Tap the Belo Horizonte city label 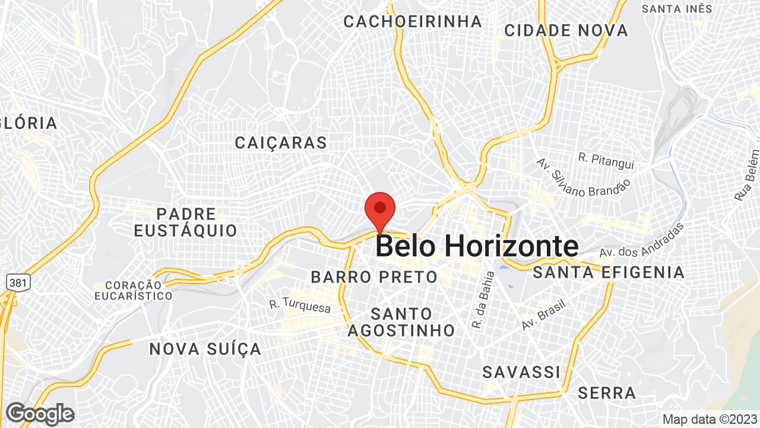(x=477, y=246)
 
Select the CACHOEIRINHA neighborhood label (x=413, y=21)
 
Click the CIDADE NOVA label (x=566, y=30)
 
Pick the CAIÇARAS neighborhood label (x=281, y=143)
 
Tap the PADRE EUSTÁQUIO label (x=185, y=222)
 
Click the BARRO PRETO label (x=374, y=277)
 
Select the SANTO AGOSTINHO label (x=401, y=322)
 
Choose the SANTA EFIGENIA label (x=609, y=273)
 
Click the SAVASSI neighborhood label (x=521, y=372)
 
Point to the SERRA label (x=607, y=393)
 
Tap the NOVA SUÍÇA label (x=205, y=349)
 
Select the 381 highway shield (x=17, y=282)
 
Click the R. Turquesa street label (x=299, y=305)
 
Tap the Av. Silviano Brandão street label (x=582, y=178)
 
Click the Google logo (x=40, y=414)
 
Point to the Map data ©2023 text (x=709, y=419)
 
